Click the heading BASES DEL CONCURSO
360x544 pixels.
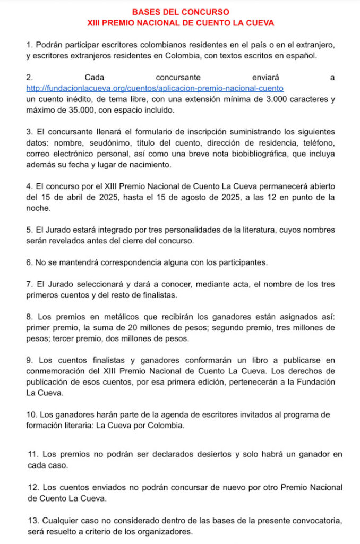(181, 12)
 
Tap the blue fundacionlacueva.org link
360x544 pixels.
(155, 88)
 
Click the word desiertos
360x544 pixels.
(212, 454)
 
